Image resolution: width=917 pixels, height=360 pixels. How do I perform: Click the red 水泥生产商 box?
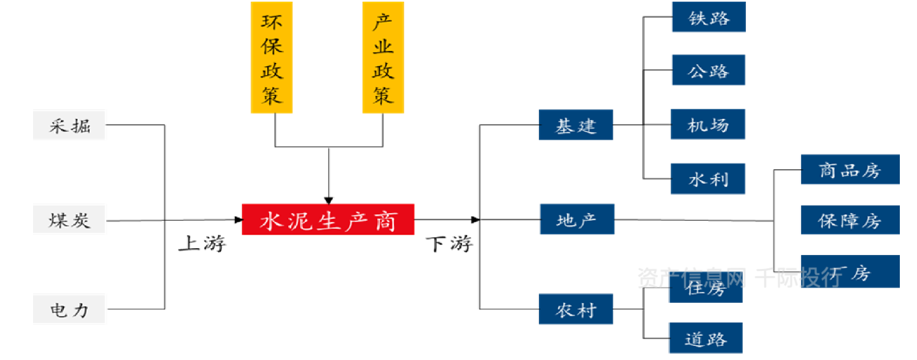click(x=328, y=220)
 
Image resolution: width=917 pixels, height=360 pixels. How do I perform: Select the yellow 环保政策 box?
click(x=272, y=57)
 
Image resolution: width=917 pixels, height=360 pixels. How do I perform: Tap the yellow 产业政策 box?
click(x=383, y=57)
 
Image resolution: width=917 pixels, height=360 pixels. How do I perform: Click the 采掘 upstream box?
click(x=69, y=126)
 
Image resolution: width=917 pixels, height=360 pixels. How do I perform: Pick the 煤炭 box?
click(x=69, y=221)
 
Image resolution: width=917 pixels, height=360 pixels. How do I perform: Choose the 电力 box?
click(x=69, y=310)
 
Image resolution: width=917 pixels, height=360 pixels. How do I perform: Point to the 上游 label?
click(x=202, y=244)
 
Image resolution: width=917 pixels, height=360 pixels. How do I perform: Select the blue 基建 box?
click(x=576, y=125)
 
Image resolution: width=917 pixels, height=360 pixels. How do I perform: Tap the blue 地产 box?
click(x=577, y=219)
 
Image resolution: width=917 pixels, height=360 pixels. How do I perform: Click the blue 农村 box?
click(x=576, y=310)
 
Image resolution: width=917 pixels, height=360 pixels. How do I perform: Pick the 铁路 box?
click(x=709, y=17)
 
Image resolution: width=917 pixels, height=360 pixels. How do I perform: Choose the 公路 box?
click(x=708, y=70)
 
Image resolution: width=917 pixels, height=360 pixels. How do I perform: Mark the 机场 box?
click(x=708, y=124)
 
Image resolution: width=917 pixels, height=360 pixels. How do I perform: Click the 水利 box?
click(x=708, y=179)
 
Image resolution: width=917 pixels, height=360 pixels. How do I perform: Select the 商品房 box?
click(x=850, y=170)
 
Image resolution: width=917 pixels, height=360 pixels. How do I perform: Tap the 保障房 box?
click(x=850, y=220)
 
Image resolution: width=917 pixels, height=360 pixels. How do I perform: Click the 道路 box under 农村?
click(x=706, y=338)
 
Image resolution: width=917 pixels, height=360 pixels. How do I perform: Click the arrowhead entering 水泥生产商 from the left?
click(x=238, y=220)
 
